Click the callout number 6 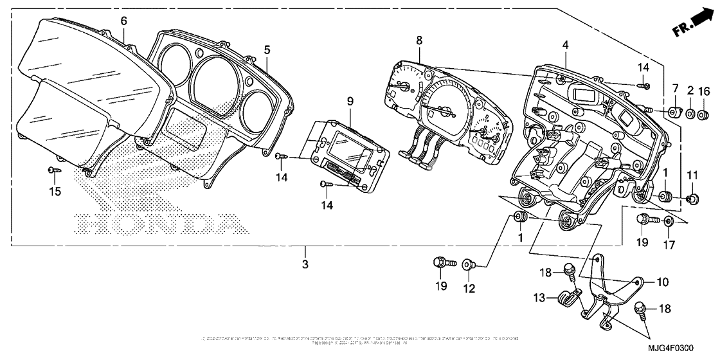point(123,21)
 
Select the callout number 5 point(267,48)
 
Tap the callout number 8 point(419,40)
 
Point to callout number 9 point(350,101)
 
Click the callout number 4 point(565,44)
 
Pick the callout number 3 point(305,264)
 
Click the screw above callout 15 point(53,170)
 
